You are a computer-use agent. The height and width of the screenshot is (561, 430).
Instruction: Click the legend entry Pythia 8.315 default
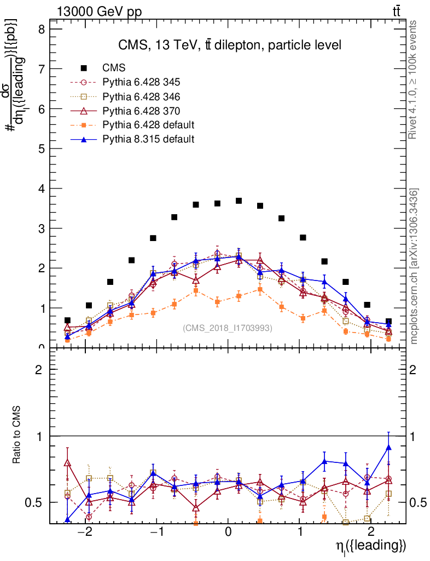coord(148,139)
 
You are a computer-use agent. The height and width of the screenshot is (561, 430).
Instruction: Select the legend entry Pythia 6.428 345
coord(141,82)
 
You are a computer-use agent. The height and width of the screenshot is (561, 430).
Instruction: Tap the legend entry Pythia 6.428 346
coord(141,96)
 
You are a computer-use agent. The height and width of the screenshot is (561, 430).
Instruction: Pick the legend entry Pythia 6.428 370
coord(141,111)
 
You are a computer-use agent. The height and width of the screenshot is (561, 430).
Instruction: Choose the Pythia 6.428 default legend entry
coord(148,125)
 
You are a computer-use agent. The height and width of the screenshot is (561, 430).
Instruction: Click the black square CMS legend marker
coord(84,68)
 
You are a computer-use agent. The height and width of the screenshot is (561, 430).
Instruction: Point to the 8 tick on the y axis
coord(41,29)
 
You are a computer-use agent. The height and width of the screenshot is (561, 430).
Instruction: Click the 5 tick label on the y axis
coord(41,148)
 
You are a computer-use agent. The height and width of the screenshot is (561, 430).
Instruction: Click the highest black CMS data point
coord(239,201)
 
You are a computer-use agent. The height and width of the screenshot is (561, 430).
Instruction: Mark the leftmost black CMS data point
coord(67,320)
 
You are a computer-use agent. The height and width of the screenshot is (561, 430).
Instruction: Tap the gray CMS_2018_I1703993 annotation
coord(227,328)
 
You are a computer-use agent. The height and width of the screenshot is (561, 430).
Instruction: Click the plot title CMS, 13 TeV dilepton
coord(230,45)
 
